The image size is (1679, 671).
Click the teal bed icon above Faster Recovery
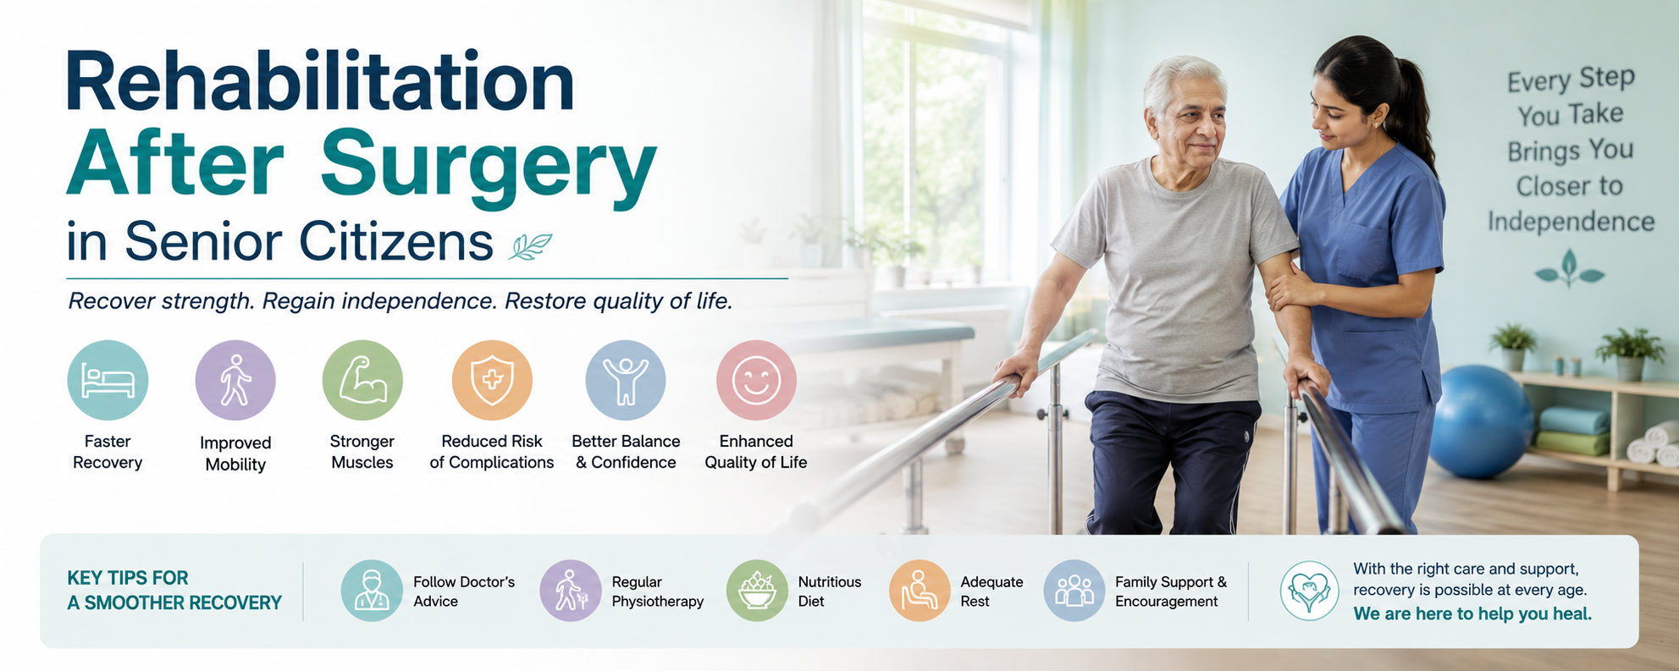(x=108, y=380)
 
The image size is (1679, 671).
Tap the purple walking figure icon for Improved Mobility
(x=235, y=380)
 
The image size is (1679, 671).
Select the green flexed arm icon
(x=362, y=380)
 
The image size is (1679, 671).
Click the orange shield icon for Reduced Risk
(x=492, y=380)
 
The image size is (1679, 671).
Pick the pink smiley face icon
(x=756, y=380)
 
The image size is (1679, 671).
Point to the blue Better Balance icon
(x=626, y=380)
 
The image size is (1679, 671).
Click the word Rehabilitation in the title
(x=320, y=81)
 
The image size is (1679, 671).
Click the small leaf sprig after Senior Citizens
(x=531, y=246)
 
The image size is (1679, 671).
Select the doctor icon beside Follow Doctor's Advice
(x=372, y=591)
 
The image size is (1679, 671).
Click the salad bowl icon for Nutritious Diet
(x=757, y=591)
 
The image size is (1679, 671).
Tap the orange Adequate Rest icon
(x=920, y=591)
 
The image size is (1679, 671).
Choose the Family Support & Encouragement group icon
(x=1074, y=591)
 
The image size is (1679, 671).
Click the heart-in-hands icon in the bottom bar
(x=1309, y=591)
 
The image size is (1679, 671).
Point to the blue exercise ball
(x=1479, y=421)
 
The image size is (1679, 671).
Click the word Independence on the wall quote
(x=1571, y=222)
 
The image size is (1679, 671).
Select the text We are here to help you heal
(x=1472, y=614)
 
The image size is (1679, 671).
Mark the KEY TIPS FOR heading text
(x=128, y=578)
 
